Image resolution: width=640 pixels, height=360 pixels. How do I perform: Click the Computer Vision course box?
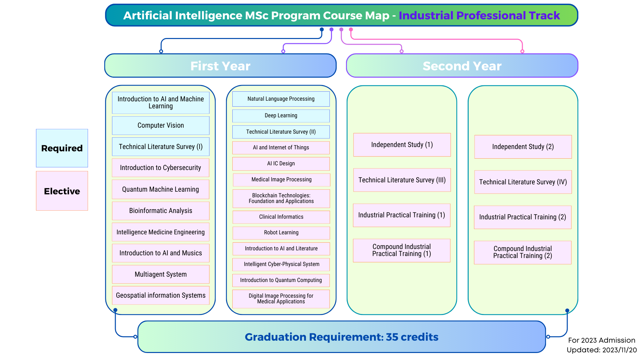161,125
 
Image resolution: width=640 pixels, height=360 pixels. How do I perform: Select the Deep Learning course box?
281,116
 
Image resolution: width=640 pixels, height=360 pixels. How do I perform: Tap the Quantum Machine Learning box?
161,189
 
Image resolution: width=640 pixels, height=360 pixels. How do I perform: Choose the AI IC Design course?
281,164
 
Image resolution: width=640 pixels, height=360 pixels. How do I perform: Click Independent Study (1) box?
402,145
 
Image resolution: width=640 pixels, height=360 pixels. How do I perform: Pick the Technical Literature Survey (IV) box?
523,182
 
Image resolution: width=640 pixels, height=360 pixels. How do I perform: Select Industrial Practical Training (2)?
523,217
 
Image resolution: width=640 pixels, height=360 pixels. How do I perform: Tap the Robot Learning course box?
281,233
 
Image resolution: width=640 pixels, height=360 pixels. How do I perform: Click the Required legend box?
62,148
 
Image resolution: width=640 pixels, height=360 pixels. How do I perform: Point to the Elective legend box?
62,191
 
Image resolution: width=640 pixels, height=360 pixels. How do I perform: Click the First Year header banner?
220,66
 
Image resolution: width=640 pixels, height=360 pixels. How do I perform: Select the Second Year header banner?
462,66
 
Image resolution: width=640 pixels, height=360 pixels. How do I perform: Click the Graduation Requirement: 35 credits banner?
342,337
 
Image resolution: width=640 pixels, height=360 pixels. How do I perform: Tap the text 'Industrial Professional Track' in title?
479,15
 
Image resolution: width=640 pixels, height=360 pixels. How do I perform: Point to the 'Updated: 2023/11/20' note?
602,350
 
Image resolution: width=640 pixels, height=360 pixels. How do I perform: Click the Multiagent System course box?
161,274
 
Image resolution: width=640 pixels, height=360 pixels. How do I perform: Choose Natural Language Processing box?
281,99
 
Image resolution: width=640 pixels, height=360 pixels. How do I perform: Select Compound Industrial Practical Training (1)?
402,250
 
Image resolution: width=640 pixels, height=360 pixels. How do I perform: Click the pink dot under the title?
351,29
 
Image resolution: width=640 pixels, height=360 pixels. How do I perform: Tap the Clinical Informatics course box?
281,217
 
